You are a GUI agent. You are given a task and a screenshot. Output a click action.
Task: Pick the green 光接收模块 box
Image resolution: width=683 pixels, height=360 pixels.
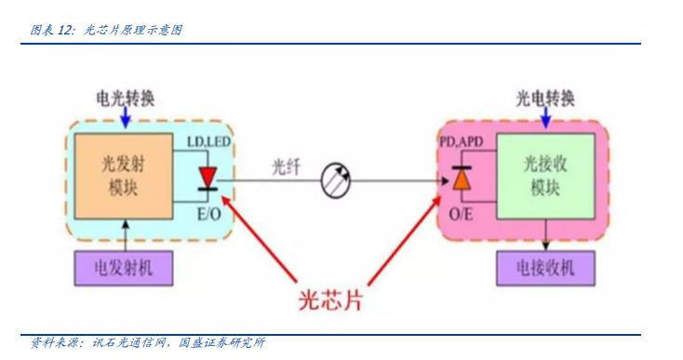543,174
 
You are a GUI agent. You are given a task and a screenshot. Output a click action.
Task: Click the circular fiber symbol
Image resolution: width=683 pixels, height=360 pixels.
334,182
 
